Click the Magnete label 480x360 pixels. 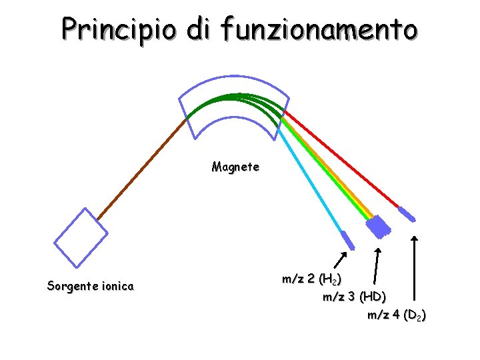235,167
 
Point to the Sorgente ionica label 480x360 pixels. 90,287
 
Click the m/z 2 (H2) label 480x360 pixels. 312,279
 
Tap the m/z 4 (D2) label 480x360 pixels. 397,315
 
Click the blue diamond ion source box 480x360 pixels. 80,237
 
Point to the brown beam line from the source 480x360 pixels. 140,170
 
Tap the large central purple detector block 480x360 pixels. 379,227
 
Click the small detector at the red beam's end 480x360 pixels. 406,214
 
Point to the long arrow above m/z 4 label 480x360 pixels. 415,267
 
